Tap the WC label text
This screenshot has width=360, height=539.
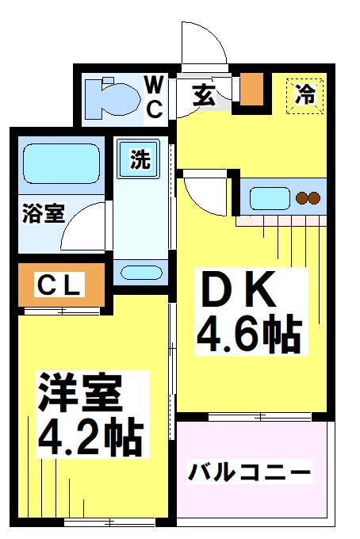pyautogui.click(x=154, y=97)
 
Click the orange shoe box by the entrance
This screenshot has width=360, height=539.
pyautogui.click(x=252, y=90)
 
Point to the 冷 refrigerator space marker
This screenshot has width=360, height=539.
pyautogui.click(x=305, y=95)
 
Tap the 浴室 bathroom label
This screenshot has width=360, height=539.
pyautogui.click(x=43, y=215)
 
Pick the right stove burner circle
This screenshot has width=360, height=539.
pyautogui.click(x=314, y=197)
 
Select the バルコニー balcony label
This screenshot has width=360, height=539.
pyautogui.click(x=249, y=473)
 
